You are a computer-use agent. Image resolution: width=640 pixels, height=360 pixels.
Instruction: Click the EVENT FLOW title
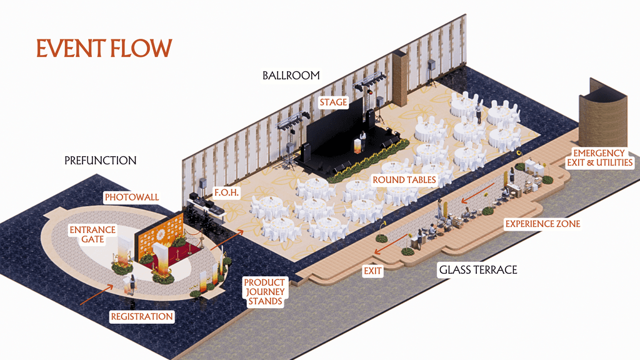pyautogui.click(x=104, y=48)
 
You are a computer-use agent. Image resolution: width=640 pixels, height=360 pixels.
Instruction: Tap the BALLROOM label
pyautogui.click(x=291, y=76)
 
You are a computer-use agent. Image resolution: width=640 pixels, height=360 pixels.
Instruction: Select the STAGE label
pyautogui.click(x=333, y=102)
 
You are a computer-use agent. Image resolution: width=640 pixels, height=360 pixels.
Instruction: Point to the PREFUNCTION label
pyautogui.click(x=100, y=161)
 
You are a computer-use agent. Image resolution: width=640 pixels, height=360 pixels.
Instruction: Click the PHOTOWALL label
pyautogui.click(x=132, y=197)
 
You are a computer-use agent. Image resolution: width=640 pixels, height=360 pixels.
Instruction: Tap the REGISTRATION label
pyautogui.click(x=142, y=316)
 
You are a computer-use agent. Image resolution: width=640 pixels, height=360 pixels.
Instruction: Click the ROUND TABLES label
pyautogui.click(x=404, y=180)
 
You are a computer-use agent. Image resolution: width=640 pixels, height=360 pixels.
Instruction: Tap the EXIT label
pyautogui.click(x=372, y=271)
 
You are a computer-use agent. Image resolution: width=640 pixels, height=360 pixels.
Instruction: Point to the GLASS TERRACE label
pyautogui.click(x=478, y=270)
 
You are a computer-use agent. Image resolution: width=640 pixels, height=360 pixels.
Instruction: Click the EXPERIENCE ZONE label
pyautogui.click(x=542, y=223)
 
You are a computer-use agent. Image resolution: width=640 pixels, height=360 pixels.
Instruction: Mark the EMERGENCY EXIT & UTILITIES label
pyautogui.click(x=599, y=157)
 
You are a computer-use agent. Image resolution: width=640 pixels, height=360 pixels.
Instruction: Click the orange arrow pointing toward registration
pyautogui.click(x=96, y=294)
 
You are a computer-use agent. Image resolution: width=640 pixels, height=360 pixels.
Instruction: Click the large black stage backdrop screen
pyautogui.click(x=334, y=130)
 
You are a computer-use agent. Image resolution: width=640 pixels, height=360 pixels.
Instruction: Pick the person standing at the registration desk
pyautogui.click(x=132, y=284)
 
